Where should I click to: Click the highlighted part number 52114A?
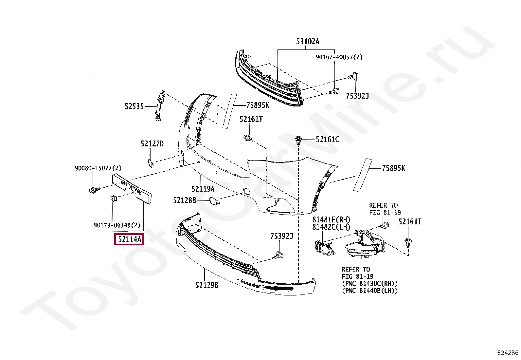130,239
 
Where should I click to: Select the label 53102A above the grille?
308,41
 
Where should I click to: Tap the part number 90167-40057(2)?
339,57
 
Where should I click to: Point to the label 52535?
134,106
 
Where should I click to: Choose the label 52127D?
152,143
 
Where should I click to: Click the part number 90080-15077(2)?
98,168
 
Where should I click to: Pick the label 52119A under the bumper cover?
203,189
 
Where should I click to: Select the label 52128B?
185,200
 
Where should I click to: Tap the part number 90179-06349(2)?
117,225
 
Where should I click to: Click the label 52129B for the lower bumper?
207,285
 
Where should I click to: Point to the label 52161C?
327,139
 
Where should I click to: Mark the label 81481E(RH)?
331,219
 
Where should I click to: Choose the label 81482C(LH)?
331,227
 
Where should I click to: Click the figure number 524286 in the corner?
508,353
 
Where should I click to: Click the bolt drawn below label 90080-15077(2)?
93,190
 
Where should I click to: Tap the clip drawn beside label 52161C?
298,141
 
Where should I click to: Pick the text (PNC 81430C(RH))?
370,283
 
